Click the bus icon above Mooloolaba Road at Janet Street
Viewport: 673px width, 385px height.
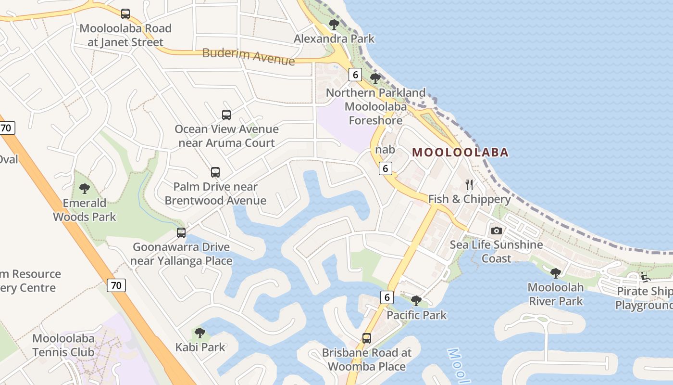click(x=125, y=14)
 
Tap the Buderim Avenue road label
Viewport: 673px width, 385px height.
click(x=249, y=56)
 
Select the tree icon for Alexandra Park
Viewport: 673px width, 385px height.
click(x=334, y=24)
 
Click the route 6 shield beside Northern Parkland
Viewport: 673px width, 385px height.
click(x=355, y=75)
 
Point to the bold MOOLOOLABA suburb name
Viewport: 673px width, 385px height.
click(x=460, y=153)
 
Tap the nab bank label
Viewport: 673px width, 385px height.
click(x=385, y=150)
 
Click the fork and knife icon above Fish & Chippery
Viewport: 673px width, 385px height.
click(x=469, y=185)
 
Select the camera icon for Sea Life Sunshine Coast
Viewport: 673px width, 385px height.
click(x=497, y=231)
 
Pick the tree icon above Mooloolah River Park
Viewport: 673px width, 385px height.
click(x=556, y=273)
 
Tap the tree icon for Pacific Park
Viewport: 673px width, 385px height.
click(x=416, y=301)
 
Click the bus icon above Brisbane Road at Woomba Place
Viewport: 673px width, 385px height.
click(x=367, y=338)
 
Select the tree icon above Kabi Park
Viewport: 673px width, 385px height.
click(x=200, y=333)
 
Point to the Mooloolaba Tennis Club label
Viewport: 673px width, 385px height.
click(x=63, y=345)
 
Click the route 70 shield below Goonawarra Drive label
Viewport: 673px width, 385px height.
click(x=116, y=285)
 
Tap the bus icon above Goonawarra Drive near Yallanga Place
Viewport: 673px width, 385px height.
click(x=181, y=233)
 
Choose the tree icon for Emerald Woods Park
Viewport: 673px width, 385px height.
click(x=85, y=189)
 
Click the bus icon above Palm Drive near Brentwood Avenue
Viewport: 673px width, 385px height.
click(x=215, y=172)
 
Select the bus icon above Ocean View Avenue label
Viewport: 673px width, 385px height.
click(x=226, y=115)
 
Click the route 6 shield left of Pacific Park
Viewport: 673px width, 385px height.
click(x=387, y=297)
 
